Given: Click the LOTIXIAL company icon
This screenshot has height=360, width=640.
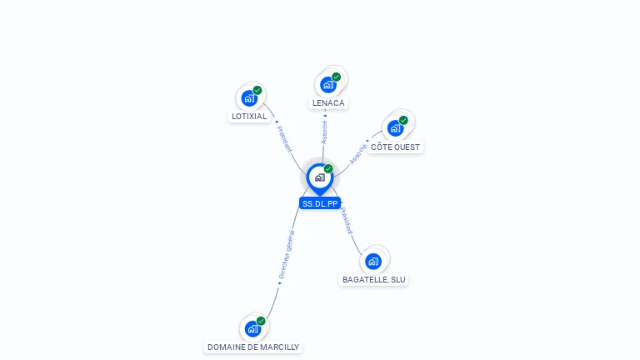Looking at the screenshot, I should (248, 98).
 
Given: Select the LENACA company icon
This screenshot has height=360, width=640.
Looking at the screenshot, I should (327, 84).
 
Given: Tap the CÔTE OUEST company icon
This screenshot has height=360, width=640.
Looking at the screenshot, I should (395, 128).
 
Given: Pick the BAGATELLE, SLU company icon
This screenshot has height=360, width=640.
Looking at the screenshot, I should (373, 261).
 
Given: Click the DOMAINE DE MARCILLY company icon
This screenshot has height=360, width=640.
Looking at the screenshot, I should (252, 328).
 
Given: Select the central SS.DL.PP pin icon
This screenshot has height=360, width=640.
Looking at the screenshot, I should (319, 177).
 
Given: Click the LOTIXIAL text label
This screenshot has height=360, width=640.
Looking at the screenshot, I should (249, 117).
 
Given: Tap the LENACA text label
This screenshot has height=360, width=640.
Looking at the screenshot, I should (328, 103).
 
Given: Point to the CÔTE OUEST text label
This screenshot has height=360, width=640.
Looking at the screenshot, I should (396, 147).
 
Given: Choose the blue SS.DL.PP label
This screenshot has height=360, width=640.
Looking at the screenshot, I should (320, 203).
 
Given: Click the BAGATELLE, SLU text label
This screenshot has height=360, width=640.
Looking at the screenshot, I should (374, 280).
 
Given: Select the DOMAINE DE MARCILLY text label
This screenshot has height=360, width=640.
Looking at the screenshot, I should (252, 347).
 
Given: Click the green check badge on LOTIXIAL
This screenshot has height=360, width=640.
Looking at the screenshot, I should (257, 90).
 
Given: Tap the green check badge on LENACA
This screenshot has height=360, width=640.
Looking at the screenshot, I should (337, 77).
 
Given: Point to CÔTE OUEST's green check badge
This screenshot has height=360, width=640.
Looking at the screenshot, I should (403, 120).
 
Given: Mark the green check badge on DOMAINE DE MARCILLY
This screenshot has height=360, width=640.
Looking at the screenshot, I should (261, 321).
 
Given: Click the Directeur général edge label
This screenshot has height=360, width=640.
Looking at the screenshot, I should (287, 252).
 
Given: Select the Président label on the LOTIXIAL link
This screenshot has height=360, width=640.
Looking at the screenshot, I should (284, 138).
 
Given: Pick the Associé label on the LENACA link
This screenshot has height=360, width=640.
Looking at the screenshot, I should (324, 130).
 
